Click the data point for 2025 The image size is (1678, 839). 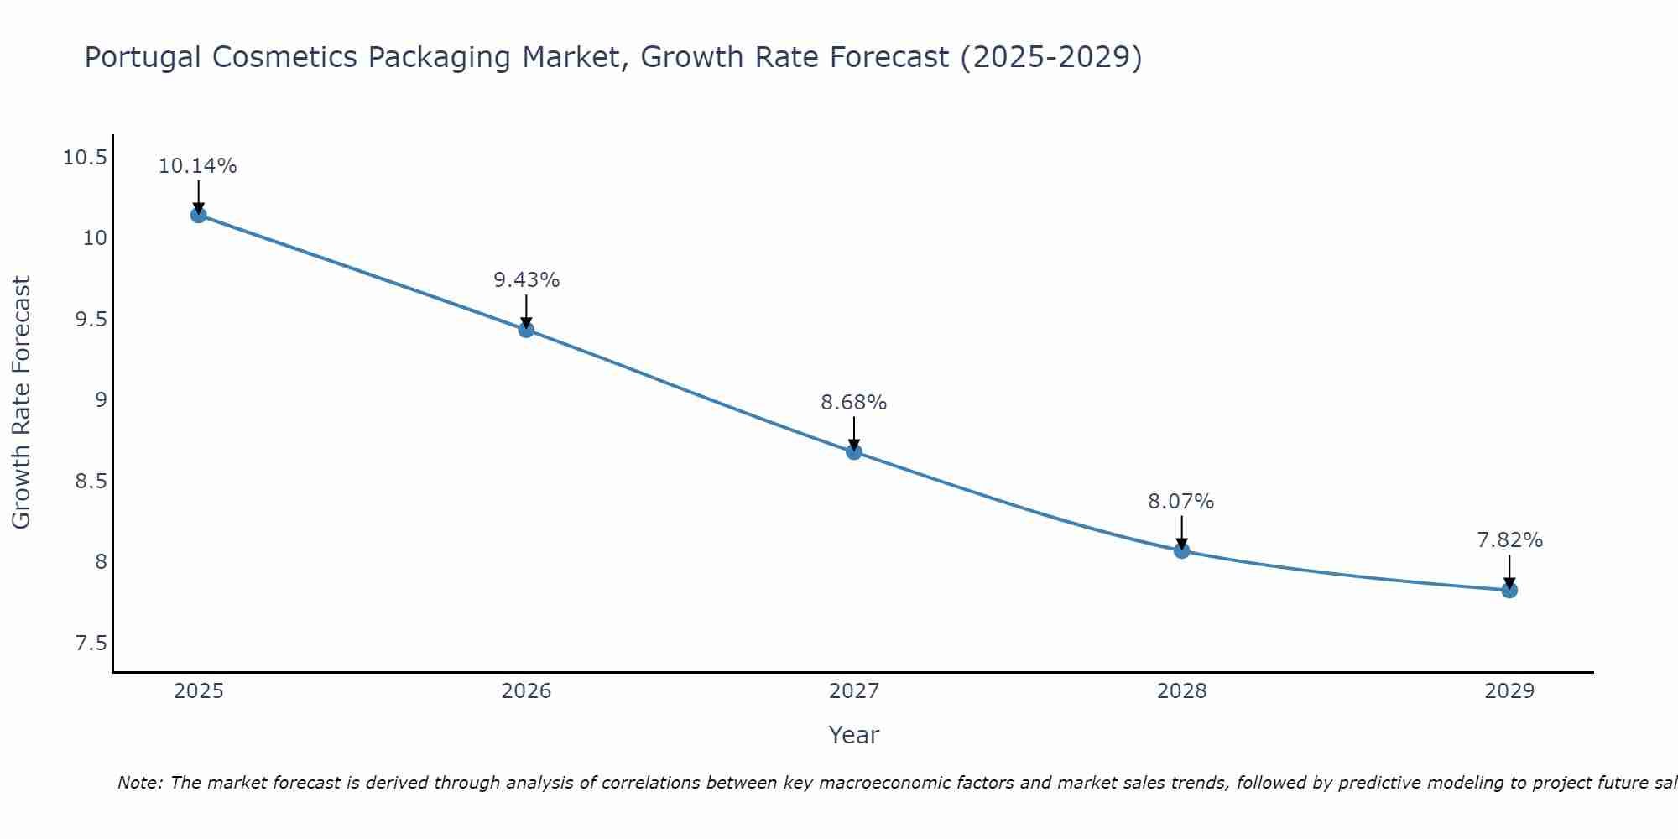coord(198,215)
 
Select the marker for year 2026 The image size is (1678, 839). coord(526,330)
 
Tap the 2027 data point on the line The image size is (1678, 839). coord(854,451)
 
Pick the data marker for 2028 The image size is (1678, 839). coord(1181,550)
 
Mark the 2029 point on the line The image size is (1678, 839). coord(1509,590)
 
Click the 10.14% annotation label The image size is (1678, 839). coord(198,166)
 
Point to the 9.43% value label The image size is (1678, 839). coord(526,280)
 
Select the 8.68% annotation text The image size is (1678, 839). coord(854,403)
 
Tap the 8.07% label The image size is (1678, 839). coord(1181,502)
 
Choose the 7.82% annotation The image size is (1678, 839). coord(1509,540)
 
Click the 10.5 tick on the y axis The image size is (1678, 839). coord(85,158)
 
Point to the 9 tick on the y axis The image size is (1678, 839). coord(101,400)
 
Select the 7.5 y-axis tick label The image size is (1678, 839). coord(91,644)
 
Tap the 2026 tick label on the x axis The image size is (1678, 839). coord(526,691)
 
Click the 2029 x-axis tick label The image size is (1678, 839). coord(1509,691)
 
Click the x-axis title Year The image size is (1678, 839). coord(854,735)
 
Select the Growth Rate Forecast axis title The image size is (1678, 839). coord(21,402)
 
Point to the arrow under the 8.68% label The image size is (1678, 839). coord(854,432)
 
